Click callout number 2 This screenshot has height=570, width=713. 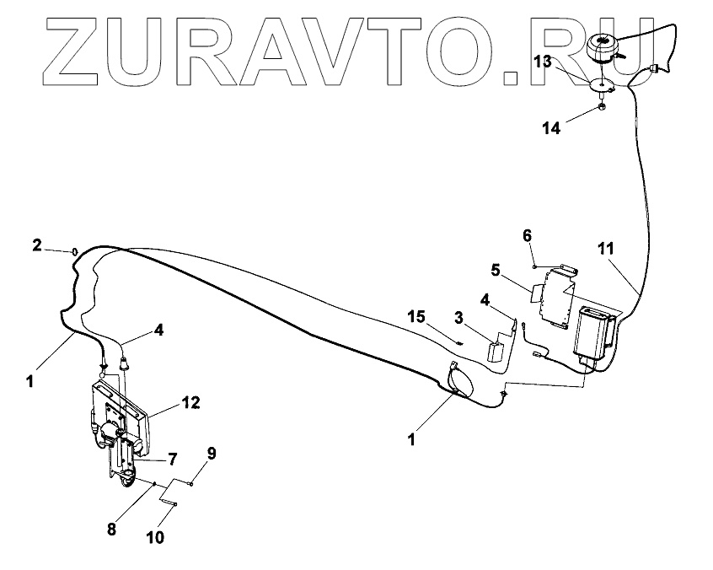(x=36, y=245)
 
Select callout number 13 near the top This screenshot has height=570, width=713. (x=543, y=61)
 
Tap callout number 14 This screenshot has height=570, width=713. (x=551, y=127)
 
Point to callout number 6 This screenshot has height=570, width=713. (x=527, y=235)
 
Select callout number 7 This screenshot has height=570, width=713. (x=172, y=459)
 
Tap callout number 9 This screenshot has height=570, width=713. (x=211, y=454)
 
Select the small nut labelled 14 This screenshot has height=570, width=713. (x=601, y=107)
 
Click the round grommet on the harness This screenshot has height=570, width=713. (x=459, y=380)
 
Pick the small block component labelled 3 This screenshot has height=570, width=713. (x=497, y=349)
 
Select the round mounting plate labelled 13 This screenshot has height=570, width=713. (x=599, y=84)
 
